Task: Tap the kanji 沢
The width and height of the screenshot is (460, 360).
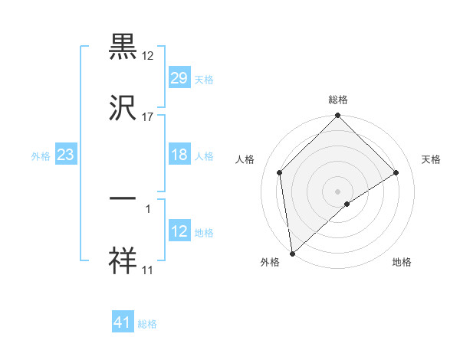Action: (x=123, y=107)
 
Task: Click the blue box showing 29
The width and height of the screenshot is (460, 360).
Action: (x=179, y=77)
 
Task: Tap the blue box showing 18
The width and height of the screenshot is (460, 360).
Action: (x=179, y=154)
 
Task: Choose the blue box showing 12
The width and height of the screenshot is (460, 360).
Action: (x=179, y=231)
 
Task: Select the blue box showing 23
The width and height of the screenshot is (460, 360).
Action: (x=66, y=154)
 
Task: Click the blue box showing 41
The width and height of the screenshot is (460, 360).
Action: (x=123, y=322)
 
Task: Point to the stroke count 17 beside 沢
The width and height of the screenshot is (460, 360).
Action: (x=148, y=117)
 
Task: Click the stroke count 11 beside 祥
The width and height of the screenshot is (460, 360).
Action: (x=148, y=270)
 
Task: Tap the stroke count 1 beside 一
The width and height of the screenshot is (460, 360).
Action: (x=148, y=207)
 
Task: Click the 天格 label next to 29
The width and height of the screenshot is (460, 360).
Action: (x=204, y=79)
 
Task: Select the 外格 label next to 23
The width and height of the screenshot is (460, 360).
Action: (x=41, y=155)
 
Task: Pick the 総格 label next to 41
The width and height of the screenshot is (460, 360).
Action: (x=147, y=324)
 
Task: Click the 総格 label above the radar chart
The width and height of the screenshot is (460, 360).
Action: (x=337, y=100)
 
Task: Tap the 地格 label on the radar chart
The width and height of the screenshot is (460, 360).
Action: (x=402, y=263)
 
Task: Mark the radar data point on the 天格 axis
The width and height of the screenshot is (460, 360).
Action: (x=396, y=172)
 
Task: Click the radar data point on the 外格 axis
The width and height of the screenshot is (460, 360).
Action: (x=291, y=254)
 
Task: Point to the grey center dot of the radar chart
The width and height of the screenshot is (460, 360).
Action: (x=337, y=191)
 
